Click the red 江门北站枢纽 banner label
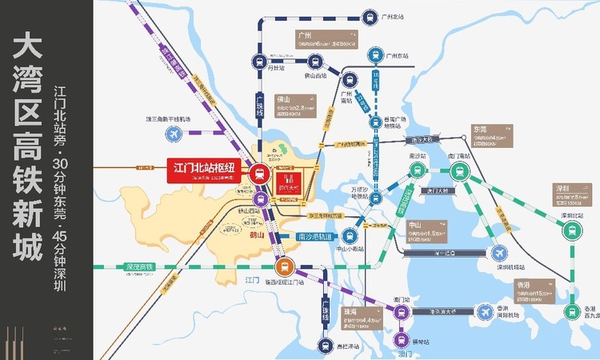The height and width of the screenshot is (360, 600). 203,170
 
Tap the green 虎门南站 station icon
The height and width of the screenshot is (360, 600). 459,170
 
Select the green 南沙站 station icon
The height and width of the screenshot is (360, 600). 416,170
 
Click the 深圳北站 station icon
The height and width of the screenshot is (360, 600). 570,230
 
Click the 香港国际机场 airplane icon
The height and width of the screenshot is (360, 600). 484,310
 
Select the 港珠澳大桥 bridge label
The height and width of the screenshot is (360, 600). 444,310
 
